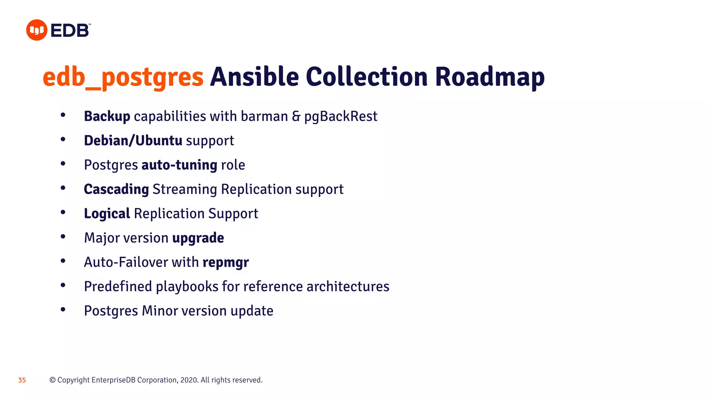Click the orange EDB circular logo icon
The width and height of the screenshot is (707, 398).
click(x=37, y=30)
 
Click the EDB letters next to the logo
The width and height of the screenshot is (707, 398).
click(x=70, y=31)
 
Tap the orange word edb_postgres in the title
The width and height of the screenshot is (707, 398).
click(x=123, y=77)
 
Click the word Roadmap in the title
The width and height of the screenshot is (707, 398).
click(x=490, y=77)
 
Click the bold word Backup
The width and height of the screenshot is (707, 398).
click(x=107, y=116)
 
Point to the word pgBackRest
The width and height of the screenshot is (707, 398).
click(x=341, y=117)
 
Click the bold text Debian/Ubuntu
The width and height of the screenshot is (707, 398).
click(x=133, y=141)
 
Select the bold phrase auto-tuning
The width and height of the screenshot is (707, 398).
click(x=179, y=165)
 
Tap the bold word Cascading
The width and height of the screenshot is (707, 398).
click(x=116, y=189)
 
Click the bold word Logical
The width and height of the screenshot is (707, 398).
click(x=107, y=214)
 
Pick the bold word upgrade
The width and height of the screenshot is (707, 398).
click(x=198, y=238)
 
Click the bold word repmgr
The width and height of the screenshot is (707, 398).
click(x=225, y=263)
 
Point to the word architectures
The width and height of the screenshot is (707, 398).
click(x=348, y=286)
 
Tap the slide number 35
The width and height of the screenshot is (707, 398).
click(x=22, y=380)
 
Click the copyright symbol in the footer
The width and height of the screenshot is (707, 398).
click(x=52, y=380)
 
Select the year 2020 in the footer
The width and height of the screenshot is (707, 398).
click(x=188, y=380)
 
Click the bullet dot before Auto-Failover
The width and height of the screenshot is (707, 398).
click(x=63, y=261)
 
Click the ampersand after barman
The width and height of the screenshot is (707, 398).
click(x=296, y=116)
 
